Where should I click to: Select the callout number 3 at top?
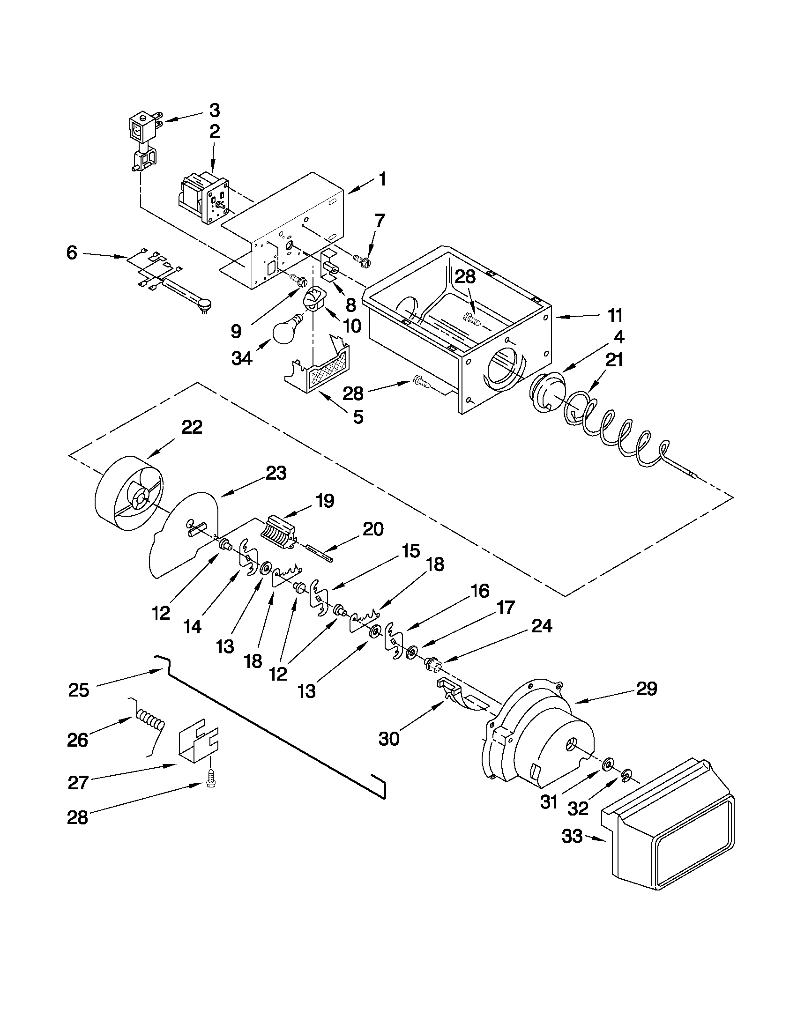[x=214, y=110]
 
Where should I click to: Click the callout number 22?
[x=192, y=427]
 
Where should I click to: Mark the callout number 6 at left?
[x=72, y=253]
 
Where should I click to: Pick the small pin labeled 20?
[x=319, y=553]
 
